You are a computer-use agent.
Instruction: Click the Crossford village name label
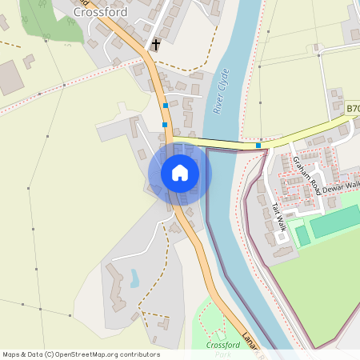(x=99, y=12)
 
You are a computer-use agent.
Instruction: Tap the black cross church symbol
(x=155, y=46)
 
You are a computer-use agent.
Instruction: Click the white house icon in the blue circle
(x=180, y=173)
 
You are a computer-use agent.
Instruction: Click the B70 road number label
(x=352, y=107)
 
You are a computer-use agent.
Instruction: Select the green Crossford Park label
(x=223, y=347)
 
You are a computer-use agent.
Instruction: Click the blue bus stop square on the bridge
(x=258, y=146)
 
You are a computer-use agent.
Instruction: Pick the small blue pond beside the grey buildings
(x=134, y=278)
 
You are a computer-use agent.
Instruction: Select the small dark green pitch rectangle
(x=302, y=235)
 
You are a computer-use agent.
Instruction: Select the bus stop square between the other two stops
(x=165, y=124)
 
